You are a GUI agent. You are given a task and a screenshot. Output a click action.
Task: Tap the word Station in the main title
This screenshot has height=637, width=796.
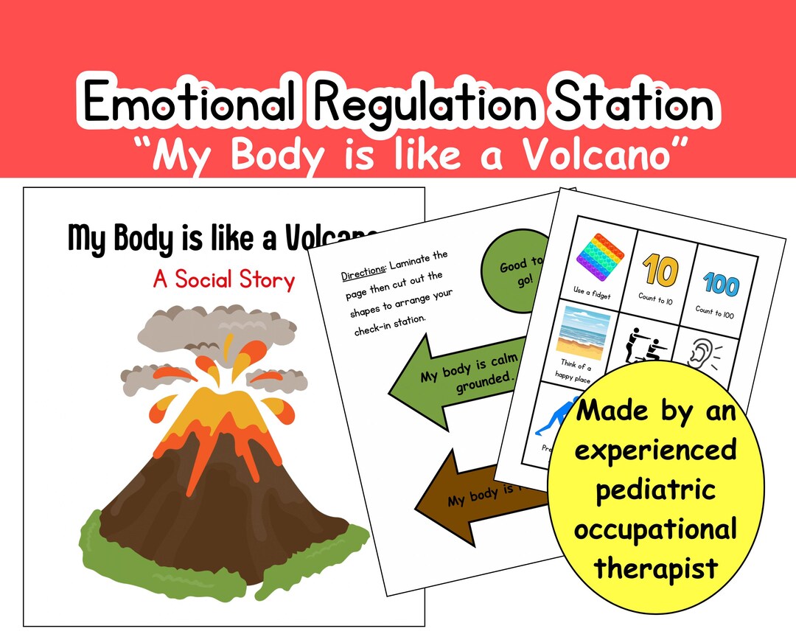point(634,103)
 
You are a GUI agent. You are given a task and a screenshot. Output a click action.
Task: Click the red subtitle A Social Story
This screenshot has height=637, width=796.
point(223,279)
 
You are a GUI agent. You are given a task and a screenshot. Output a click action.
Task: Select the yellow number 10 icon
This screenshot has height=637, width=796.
point(657,271)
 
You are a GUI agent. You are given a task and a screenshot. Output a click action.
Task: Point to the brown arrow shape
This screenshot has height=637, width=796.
point(472,490)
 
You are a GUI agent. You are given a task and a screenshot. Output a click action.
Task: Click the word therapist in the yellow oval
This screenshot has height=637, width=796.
point(655,567)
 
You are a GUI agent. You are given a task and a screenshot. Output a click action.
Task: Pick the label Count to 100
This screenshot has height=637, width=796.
point(714,312)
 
